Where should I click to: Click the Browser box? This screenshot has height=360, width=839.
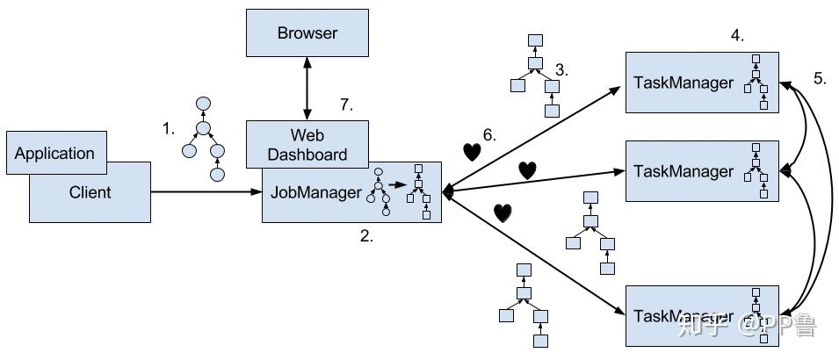coord(307,34)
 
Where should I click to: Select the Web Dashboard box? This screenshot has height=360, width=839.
coord(307,145)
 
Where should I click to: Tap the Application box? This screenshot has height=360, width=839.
coord(54,153)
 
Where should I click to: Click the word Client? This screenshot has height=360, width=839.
coord(90,191)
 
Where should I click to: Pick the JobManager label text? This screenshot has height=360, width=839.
coord(314,191)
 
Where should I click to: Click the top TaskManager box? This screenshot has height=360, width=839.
coord(700,83)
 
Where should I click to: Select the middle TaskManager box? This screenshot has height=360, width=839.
coord(700,170)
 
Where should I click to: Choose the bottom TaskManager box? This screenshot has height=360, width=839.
coord(700,315)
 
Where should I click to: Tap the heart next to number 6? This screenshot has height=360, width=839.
coord(473,151)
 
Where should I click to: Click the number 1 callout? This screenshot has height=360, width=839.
coord(169,128)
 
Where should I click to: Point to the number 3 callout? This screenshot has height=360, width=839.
coord(561,68)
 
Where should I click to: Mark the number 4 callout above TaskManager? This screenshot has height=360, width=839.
coord(737,36)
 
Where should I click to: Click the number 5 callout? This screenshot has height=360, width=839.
coord(819,78)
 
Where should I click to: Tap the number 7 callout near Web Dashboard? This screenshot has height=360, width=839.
coord(346,105)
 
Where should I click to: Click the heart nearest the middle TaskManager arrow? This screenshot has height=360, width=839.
coord(526,170)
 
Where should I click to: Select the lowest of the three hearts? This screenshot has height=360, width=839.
coord(502,212)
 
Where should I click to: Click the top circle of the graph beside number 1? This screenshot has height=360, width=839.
coord(203,104)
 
